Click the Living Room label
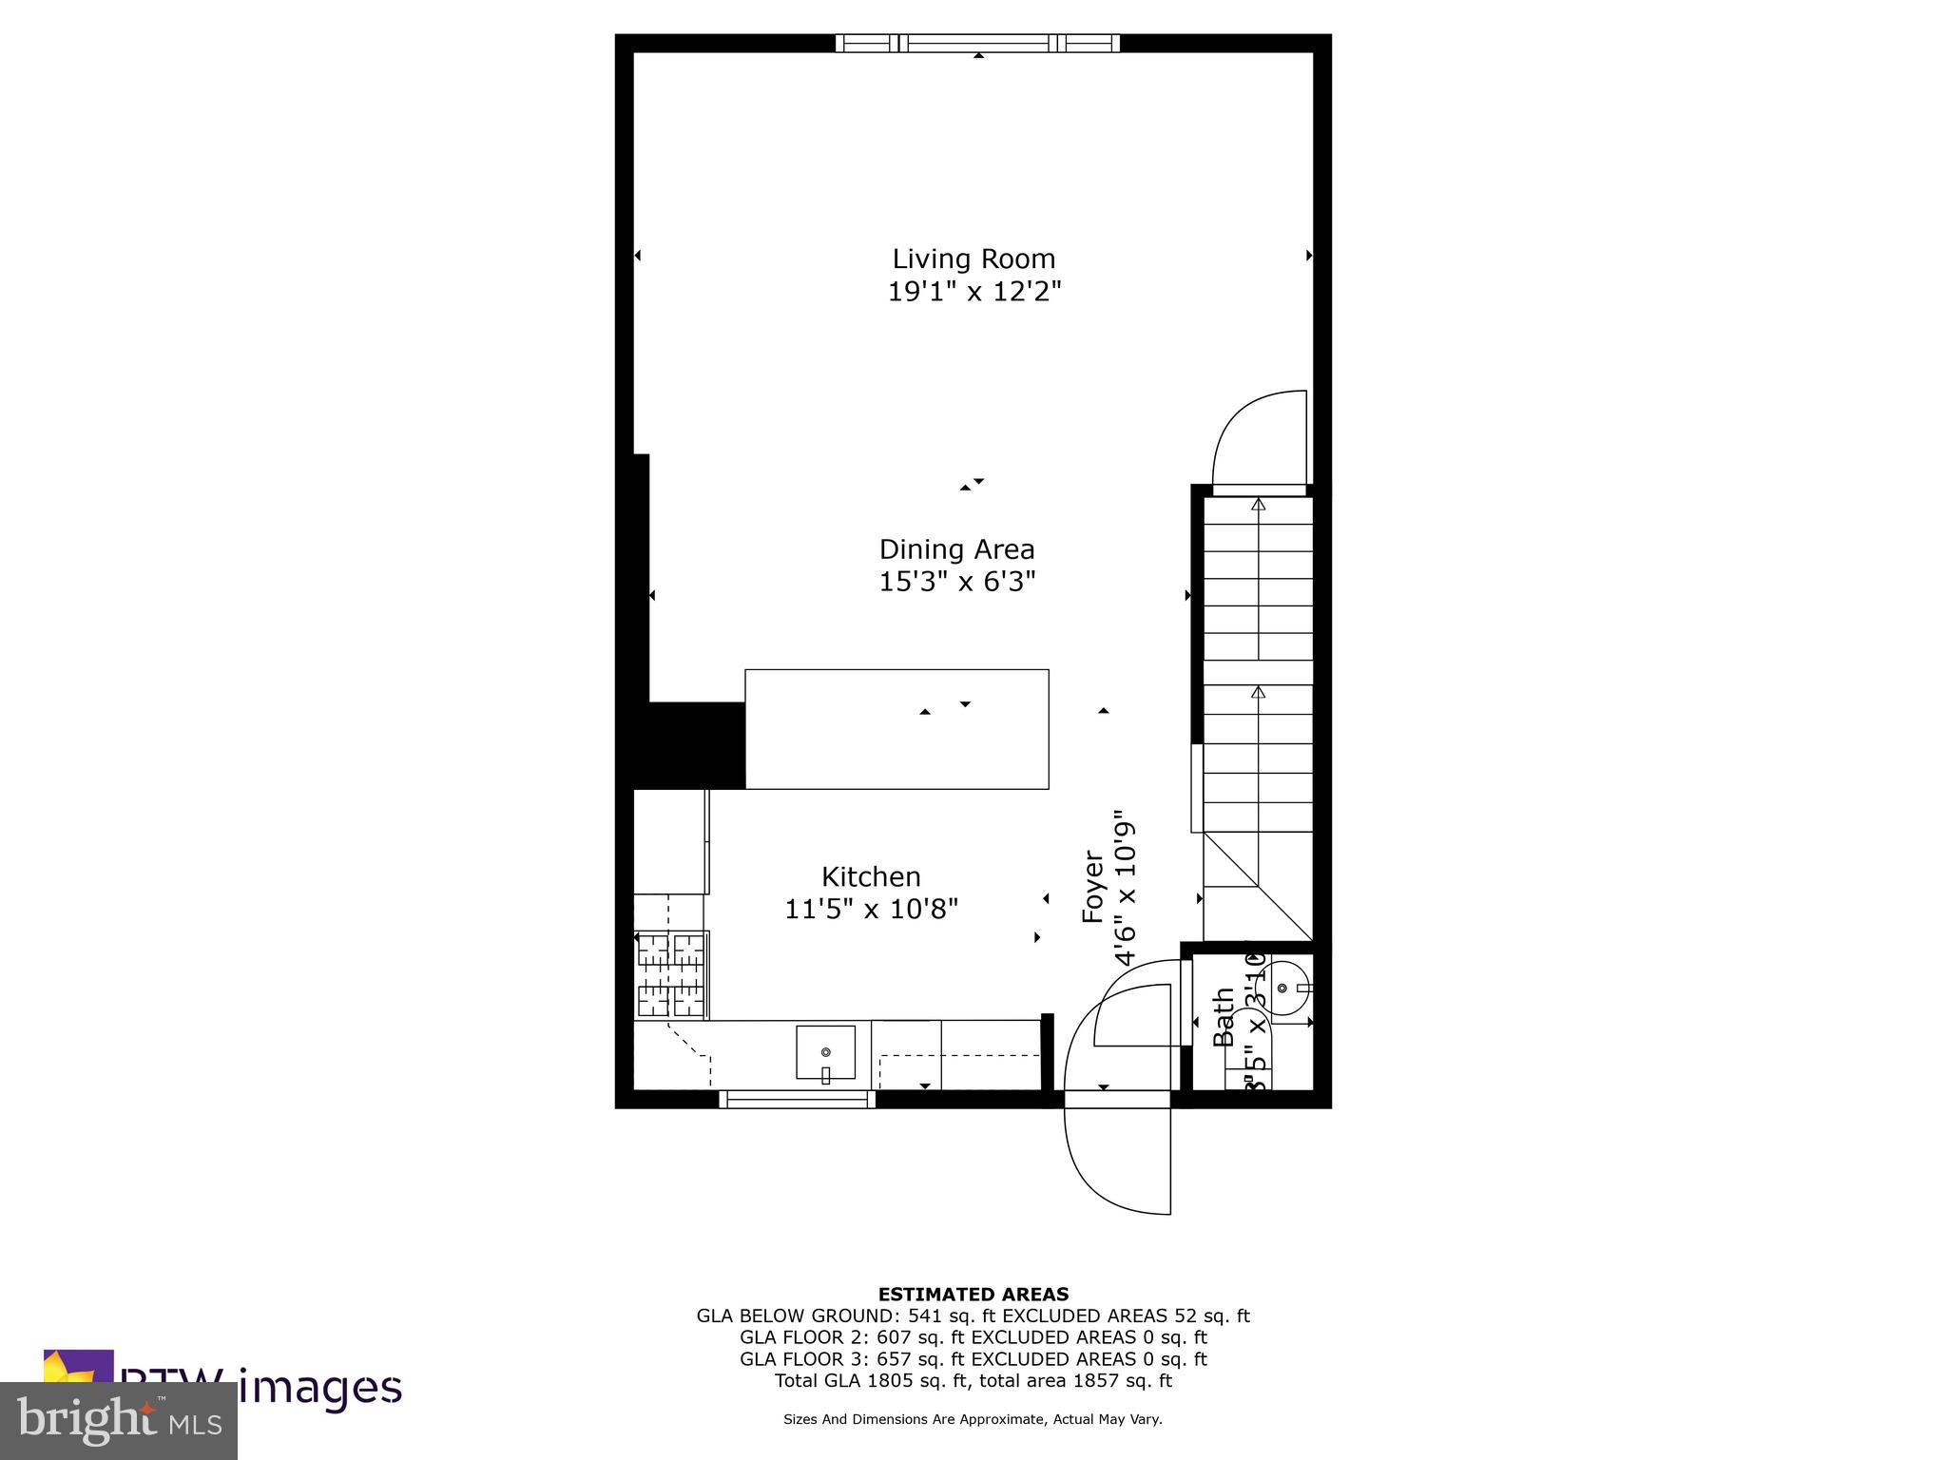click(x=973, y=259)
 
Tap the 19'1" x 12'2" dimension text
click(x=973, y=291)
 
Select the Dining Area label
click(x=956, y=549)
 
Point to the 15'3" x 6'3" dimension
click(x=956, y=581)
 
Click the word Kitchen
click(x=871, y=876)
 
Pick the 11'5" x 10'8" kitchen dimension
click(x=871, y=910)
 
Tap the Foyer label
click(x=1093, y=887)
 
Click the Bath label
click(x=1224, y=1017)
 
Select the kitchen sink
click(x=825, y=1053)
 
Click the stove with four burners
click(x=670, y=976)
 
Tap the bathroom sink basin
click(x=1283, y=989)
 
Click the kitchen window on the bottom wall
click(x=797, y=1099)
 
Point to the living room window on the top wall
click(x=977, y=43)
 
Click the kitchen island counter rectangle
click(x=896, y=729)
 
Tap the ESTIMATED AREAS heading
click(x=973, y=1294)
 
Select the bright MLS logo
click(x=119, y=1420)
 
